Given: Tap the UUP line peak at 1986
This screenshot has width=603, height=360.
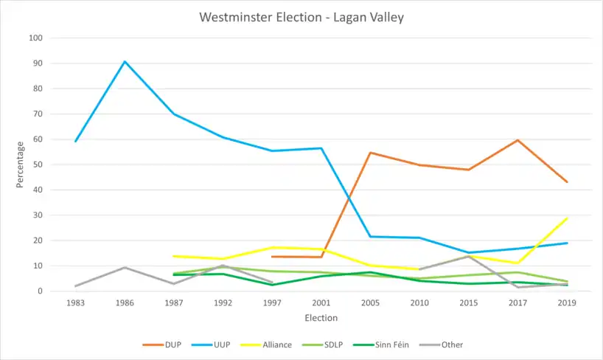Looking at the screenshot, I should pos(125,61).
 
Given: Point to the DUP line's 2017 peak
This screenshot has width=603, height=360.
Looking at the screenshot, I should pos(517,140).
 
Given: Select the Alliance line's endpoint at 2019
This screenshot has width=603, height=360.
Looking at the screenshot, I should pos(567,218).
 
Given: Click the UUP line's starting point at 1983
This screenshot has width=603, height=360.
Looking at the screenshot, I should pos(75,141).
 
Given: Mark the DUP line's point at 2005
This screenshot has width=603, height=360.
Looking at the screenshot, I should pos(370,153).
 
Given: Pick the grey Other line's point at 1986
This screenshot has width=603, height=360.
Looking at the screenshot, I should pos(125,267).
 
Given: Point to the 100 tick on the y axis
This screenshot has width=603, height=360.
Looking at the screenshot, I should pos(36,38).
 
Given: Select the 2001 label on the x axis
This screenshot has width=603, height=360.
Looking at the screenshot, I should pos(321,303).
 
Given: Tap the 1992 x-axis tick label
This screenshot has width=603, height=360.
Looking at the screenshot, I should pos(223,303).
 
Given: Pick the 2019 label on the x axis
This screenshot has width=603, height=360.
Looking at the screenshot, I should pos(567,303).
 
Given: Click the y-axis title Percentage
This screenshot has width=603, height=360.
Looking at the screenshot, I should pos(21,164).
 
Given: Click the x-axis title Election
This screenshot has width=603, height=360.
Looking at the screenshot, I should pos(321,318).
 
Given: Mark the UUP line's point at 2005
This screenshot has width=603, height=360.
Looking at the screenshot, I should pos(370,237).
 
